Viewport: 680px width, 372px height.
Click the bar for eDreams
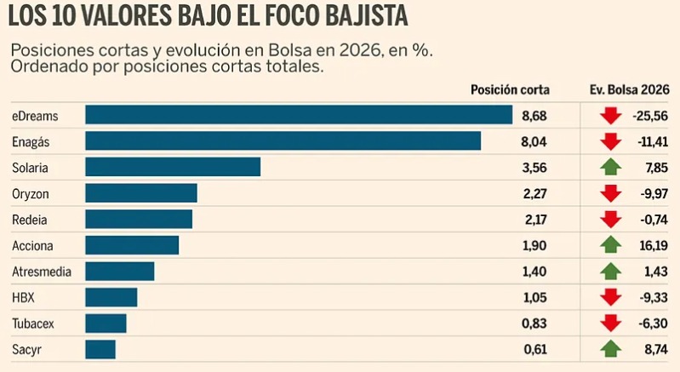[299, 115]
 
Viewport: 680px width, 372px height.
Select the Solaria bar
[173, 167]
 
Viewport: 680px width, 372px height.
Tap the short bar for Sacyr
[100, 349]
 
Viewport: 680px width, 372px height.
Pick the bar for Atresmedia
[120, 272]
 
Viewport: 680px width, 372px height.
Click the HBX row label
[24, 297]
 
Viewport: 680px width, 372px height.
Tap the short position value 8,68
[535, 115]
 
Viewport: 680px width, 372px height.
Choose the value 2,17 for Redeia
[535, 220]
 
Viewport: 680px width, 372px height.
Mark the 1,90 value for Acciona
[535, 245]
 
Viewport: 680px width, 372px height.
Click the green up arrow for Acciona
[609, 245]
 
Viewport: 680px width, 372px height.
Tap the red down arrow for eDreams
[609, 115]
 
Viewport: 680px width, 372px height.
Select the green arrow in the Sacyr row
[609, 349]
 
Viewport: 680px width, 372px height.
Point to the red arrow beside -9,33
[609, 297]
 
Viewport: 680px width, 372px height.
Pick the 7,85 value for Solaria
[655, 167]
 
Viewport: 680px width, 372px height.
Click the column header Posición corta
[510, 89]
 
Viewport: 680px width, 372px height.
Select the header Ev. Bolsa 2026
[629, 89]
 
